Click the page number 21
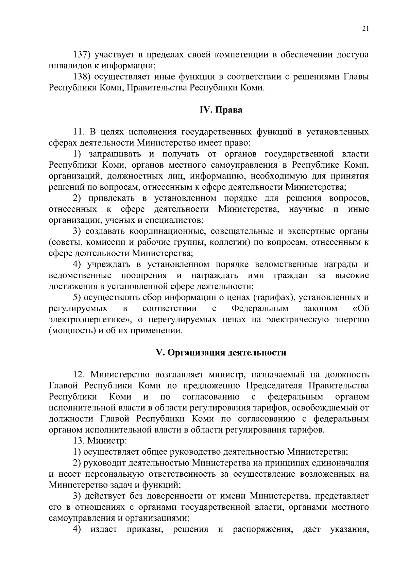pyautogui.click(x=365, y=29)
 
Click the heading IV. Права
pyautogui.click(x=221, y=110)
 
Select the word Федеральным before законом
pyautogui.click(x=260, y=309)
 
